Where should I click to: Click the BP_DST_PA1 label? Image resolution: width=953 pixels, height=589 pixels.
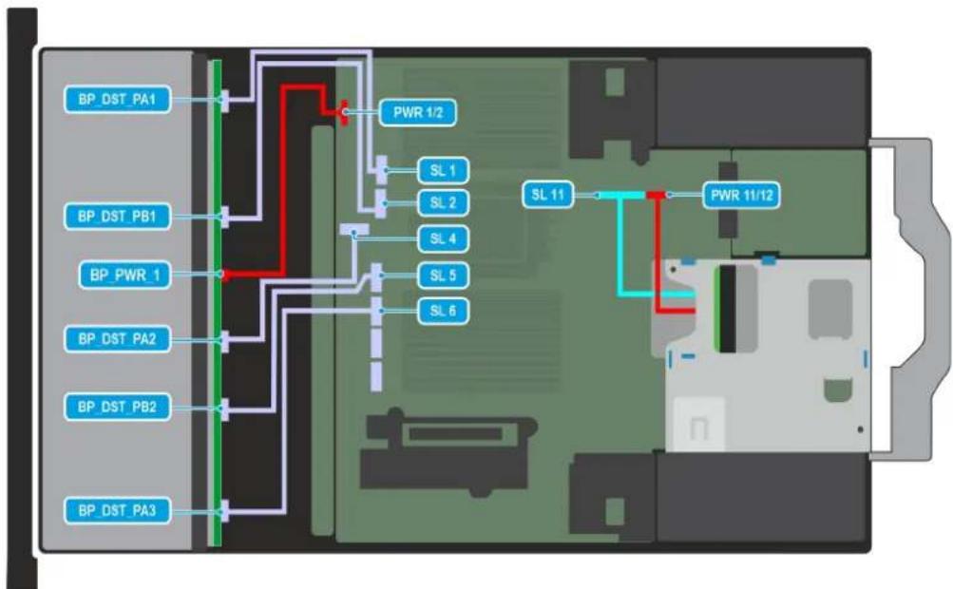[x=117, y=99]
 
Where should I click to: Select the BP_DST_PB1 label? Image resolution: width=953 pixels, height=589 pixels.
[x=117, y=216]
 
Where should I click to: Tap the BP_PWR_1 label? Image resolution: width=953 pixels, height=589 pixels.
[x=125, y=275]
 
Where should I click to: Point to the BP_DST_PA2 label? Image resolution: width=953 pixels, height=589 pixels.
[x=117, y=338]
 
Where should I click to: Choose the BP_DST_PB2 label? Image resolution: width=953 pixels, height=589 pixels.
[x=117, y=407]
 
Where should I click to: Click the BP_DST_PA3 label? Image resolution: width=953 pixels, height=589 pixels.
[x=117, y=510]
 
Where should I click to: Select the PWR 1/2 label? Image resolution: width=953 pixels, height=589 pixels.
[x=417, y=112]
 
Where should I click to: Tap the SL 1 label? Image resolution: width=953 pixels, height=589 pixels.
[x=443, y=171]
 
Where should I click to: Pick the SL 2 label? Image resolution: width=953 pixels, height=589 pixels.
[x=443, y=202]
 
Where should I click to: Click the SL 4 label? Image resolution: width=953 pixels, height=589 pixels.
[x=443, y=238]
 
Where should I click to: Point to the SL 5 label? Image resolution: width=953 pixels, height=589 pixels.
[x=443, y=275]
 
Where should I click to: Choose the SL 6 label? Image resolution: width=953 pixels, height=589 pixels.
[x=443, y=311]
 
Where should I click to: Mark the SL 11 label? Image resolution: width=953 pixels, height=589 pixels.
[x=547, y=195]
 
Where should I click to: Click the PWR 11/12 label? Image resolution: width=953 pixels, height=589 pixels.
[x=741, y=195]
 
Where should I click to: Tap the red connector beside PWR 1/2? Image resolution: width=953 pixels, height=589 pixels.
[x=344, y=112]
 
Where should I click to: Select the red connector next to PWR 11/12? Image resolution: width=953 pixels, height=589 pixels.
[x=657, y=195]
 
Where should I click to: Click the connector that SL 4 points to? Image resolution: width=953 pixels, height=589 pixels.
[x=354, y=230]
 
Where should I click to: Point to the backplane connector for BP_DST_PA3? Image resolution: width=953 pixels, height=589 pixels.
[x=225, y=510]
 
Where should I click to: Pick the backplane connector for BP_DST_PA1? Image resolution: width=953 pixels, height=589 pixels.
[x=225, y=101]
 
